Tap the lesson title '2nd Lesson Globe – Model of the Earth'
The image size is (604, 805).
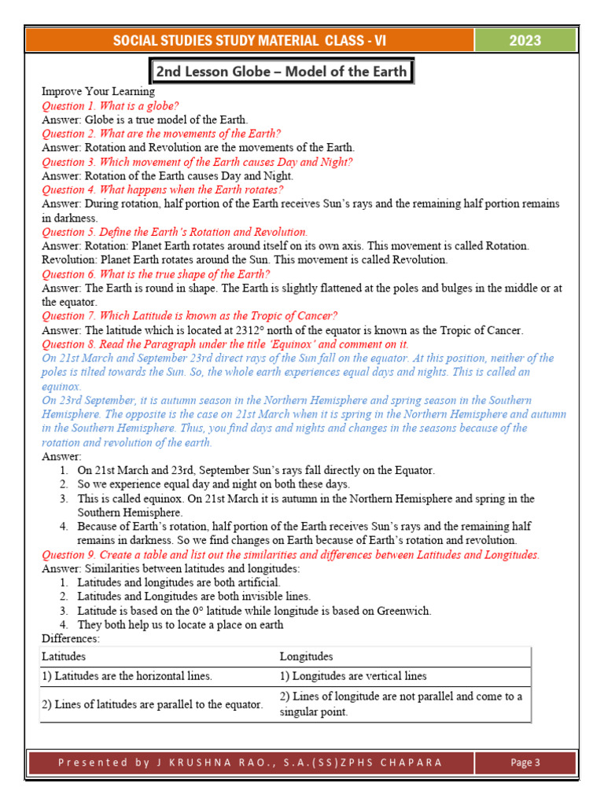(x=282, y=72)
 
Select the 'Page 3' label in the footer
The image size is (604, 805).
(x=525, y=762)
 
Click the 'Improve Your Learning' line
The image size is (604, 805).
(x=98, y=91)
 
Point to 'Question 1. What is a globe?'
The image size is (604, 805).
(x=110, y=105)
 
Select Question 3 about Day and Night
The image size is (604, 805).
(x=197, y=162)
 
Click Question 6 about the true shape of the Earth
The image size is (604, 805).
(x=156, y=274)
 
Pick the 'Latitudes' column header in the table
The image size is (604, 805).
(x=64, y=656)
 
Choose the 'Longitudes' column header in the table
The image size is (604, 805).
(x=306, y=656)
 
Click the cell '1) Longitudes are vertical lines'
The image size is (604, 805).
(x=353, y=676)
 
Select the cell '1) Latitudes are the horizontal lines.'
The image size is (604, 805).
(x=127, y=676)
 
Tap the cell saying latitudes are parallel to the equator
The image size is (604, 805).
(x=152, y=704)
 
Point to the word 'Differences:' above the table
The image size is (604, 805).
(x=70, y=638)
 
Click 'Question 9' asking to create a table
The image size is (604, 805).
(x=290, y=555)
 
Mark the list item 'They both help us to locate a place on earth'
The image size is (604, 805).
(x=180, y=625)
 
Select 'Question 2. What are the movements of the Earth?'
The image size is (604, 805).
(x=161, y=134)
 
